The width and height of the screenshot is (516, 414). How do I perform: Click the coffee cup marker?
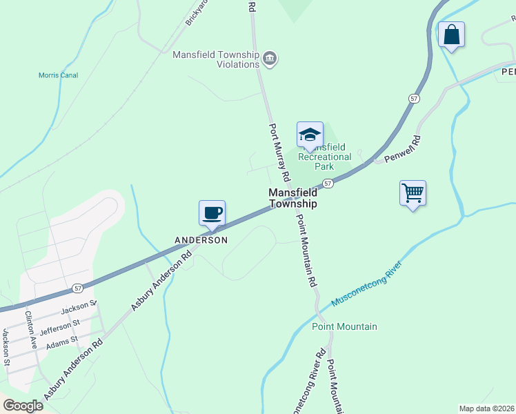(212, 213)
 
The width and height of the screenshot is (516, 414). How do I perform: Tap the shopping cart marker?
(413, 193)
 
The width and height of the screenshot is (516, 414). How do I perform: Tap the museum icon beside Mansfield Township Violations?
(270, 59)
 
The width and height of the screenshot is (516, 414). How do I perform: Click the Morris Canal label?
(58, 75)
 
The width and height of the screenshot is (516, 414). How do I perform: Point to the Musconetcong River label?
(366, 284)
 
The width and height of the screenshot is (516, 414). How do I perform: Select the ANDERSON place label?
(201, 240)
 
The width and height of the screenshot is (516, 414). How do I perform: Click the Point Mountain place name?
(344, 326)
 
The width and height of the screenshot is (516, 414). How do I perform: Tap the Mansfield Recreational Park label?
(324, 157)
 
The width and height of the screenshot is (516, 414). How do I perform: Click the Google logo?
(23, 406)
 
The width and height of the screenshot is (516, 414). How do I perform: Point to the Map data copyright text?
(486, 408)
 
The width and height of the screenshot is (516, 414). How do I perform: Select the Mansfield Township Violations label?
(216, 59)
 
